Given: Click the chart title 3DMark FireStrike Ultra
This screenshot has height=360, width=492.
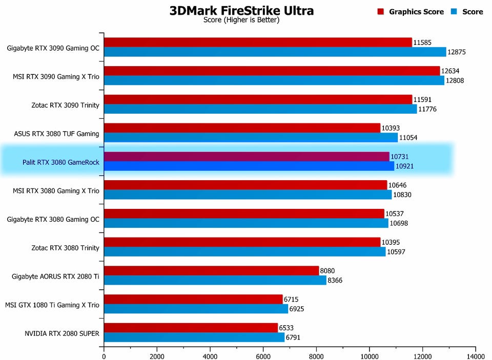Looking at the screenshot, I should coord(241,11).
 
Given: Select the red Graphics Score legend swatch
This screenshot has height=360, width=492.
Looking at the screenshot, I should coord(381,11).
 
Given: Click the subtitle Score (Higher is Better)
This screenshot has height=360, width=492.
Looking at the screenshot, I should coord(241,20).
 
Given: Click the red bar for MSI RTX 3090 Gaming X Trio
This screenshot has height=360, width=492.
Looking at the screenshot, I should coord(272,71).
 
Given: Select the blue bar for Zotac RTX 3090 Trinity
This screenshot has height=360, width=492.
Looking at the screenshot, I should coord(260,109).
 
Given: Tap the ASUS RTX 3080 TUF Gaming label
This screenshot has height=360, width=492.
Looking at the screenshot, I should coord(56,134).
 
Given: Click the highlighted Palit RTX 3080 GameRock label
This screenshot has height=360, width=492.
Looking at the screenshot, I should coord(60,163).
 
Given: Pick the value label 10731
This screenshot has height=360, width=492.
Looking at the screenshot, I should coord(400,157).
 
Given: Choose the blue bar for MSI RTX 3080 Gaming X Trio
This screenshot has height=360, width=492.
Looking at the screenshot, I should coord(248,195).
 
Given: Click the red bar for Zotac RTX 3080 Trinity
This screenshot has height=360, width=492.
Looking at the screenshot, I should coord(242,242).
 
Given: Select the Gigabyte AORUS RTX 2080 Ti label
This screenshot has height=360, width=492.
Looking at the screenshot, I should coord(55,277).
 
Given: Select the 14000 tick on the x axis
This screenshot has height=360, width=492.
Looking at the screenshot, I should coord(475,355).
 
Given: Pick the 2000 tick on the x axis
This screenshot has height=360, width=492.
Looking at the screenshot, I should coord(157,355).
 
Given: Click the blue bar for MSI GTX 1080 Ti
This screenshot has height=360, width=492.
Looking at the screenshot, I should coord(196,309).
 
